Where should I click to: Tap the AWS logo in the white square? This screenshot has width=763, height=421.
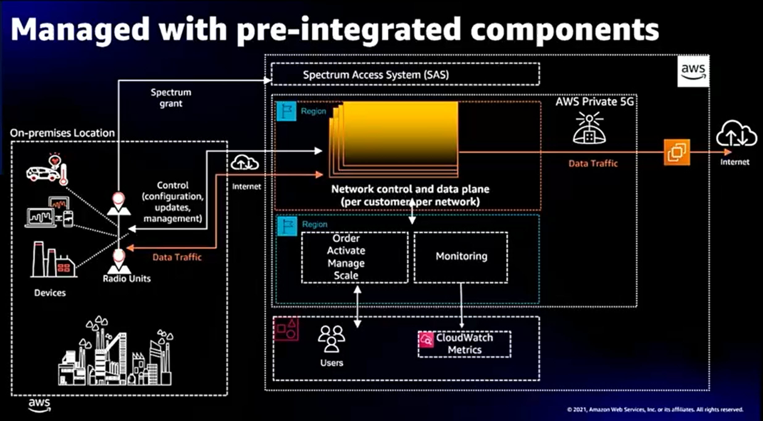tap(693, 71)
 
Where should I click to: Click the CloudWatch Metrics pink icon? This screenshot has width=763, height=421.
tap(426, 340)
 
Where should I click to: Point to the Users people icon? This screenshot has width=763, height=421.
tap(331, 339)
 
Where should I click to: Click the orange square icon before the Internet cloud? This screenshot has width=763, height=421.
tap(677, 152)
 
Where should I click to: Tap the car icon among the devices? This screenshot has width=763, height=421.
tap(43, 174)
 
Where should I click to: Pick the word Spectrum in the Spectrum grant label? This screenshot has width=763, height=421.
tap(171, 92)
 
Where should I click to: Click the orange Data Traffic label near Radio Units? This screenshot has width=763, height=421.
tap(177, 257)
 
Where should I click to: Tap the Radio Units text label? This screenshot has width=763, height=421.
tap(127, 279)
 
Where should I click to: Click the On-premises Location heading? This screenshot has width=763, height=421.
tap(62, 133)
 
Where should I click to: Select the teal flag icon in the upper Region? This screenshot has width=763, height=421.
tap(286, 111)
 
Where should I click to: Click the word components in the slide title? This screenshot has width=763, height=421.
tap(565, 30)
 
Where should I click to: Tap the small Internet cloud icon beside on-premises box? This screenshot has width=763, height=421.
tap(245, 163)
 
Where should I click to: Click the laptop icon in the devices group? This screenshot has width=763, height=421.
tap(41, 218)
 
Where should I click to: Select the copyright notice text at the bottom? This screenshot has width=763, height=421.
tap(655, 410)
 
